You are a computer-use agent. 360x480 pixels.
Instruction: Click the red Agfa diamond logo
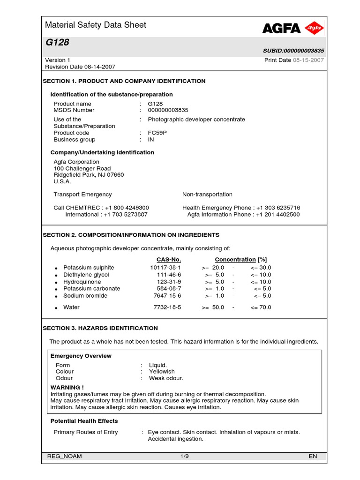pyautogui.click(x=314, y=29)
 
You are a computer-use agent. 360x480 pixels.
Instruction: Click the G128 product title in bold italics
pyautogui.click(x=57, y=43)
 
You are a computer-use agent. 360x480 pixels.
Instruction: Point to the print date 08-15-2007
pyautogui.click(x=308, y=60)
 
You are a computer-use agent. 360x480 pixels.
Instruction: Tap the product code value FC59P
pyautogui.click(x=157, y=133)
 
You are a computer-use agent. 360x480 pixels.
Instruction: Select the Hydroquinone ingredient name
pyautogui.click(x=82, y=282)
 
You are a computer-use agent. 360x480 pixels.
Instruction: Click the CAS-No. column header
pyautogui.click(x=168, y=260)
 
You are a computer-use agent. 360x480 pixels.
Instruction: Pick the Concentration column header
pyautogui.click(x=235, y=260)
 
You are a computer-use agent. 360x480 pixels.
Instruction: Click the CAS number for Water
pyautogui.click(x=167, y=307)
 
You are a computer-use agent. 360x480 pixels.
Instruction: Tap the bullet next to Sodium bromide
pyautogui.click(x=56, y=296)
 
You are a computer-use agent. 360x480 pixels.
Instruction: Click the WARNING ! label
pyautogui.click(x=67, y=388)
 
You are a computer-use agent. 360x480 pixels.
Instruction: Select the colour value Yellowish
pyautogui.click(x=162, y=372)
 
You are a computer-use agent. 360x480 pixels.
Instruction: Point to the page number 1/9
pyautogui.click(x=184, y=457)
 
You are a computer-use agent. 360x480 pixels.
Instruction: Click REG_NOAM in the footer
pyautogui.click(x=64, y=457)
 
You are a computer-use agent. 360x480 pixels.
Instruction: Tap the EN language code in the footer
pyautogui.click(x=313, y=457)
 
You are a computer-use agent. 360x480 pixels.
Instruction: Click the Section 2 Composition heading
pyautogui.click(x=131, y=235)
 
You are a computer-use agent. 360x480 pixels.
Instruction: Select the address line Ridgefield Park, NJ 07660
pyautogui.click(x=89, y=175)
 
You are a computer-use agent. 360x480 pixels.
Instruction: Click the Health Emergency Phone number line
pyautogui.click(x=241, y=208)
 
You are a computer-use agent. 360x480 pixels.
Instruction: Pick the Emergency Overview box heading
pyautogui.click(x=81, y=356)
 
